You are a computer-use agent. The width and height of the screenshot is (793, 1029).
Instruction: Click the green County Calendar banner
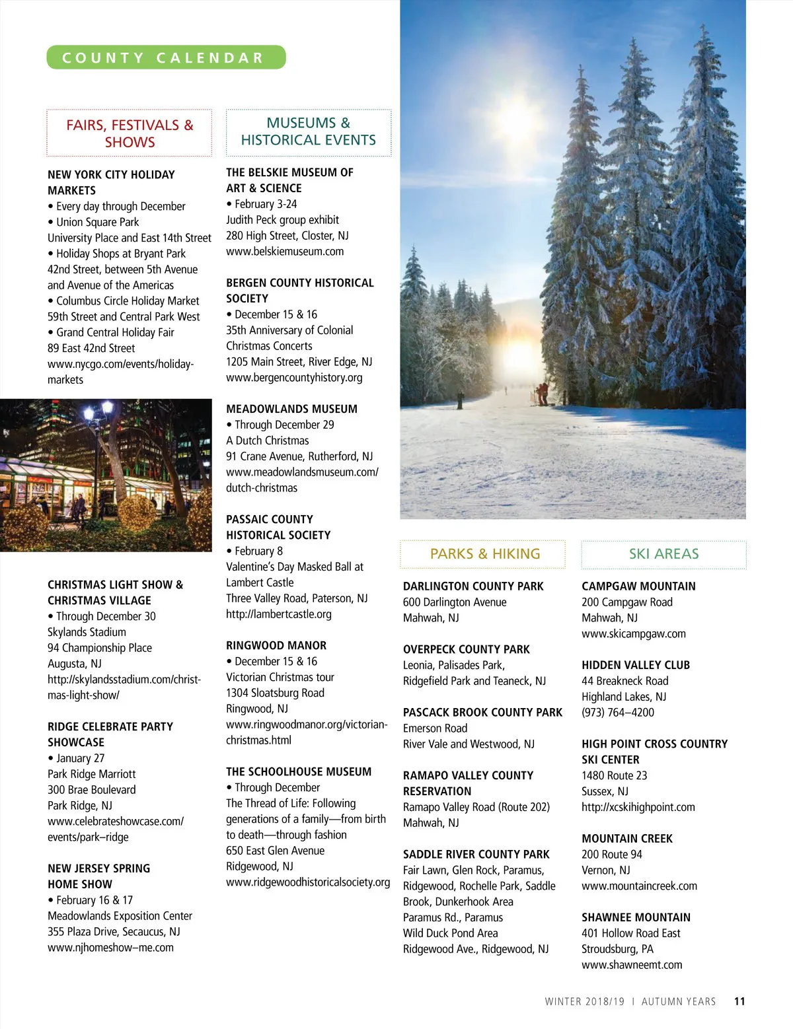[166, 57]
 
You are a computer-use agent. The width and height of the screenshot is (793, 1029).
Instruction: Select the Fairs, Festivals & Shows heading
[130, 133]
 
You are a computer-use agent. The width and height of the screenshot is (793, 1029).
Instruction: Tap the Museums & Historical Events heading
[309, 131]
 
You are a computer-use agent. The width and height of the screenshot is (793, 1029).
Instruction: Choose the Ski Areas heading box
[663, 553]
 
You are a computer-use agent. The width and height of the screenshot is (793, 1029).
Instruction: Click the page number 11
[739, 1001]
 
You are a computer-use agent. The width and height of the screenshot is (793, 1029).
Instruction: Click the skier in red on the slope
[542, 392]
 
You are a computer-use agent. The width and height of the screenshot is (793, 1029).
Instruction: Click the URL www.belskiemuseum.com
[285, 251]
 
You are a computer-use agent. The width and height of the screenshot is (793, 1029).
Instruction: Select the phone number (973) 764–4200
[618, 712]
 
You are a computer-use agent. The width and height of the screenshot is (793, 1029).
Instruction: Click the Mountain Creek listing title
[626, 838]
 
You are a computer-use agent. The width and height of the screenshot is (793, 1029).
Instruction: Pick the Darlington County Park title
[473, 586]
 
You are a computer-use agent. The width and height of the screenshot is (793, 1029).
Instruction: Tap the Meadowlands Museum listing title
[291, 409]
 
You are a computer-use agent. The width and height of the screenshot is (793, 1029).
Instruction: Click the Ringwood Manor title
[276, 645]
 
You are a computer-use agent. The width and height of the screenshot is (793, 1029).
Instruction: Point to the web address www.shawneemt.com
[632, 964]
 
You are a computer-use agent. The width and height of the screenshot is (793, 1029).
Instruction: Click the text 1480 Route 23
[614, 775]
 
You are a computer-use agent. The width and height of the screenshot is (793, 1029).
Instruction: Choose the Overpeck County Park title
[467, 649]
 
